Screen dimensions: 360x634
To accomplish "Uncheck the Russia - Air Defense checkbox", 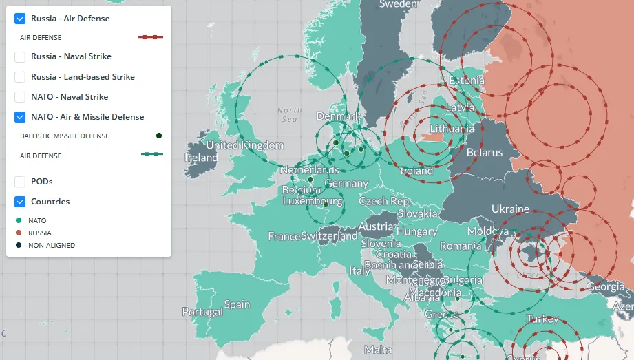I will (20, 19).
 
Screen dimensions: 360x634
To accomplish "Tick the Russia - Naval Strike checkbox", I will (20, 56).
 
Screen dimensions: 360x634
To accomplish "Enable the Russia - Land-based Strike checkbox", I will (20, 77).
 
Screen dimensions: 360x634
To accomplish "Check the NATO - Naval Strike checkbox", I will (20, 97).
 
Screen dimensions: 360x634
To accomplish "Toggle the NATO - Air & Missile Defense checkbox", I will (20, 117).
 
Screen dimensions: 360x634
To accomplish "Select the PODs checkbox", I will (20, 182).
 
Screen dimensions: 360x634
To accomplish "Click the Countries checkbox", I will (20, 202).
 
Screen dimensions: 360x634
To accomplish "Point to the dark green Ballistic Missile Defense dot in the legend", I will (159, 136).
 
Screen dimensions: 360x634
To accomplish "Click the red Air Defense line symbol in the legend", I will (151, 37).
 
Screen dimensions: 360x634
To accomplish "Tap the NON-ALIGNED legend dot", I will (19, 245).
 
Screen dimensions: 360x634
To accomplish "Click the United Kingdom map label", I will (244, 145).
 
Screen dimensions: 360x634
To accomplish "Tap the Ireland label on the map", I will (201, 158).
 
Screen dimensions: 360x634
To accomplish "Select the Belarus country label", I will (485, 152).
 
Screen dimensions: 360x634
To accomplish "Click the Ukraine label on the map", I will (510, 209).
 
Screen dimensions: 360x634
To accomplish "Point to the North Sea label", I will (289, 114).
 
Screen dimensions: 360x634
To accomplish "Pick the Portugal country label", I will (202, 312).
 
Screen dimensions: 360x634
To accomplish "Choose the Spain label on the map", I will (237, 304).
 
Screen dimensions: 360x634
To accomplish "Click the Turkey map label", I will (542, 319).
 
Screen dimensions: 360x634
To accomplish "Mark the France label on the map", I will (284, 236).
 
